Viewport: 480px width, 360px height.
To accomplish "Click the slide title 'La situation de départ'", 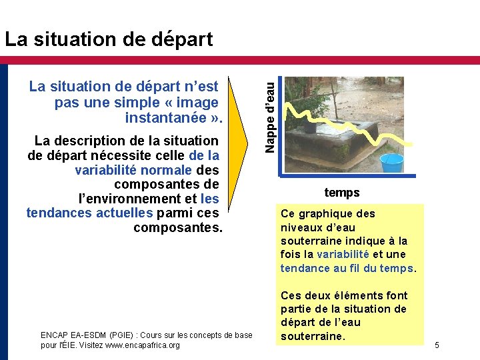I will (x=109, y=39).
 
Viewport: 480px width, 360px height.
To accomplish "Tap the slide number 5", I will (x=437, y=345).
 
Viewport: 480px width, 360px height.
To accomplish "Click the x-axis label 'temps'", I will (x=342, y=193).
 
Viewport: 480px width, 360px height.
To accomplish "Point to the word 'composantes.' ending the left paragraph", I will (x=177, y=228).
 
